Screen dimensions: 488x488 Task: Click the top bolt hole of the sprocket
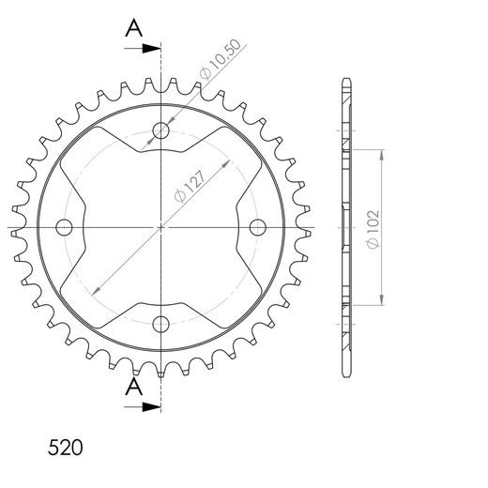pyautogui.click(x=160, y=130)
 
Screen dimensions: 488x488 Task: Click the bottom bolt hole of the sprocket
pyautogui.click(x=160, y=324)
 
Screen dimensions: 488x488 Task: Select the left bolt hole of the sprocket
pyautogui.click(x=64, y=227)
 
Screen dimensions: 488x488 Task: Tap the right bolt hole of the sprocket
pyautogui.click(x=258, y=227)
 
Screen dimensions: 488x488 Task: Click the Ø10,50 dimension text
pyautogui.click(x=221, y=59)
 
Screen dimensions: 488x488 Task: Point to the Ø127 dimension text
pyautogui.click(x=191, y=187)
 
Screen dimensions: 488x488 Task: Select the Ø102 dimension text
pyautogui.click(x=374, y=229)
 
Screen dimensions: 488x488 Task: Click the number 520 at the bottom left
pyautogui.click(x=66, y=448)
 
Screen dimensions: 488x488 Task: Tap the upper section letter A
pyautogui.click(x=134, y=28)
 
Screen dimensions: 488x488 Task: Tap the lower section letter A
pyautogui.click(x=134, y=386)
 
